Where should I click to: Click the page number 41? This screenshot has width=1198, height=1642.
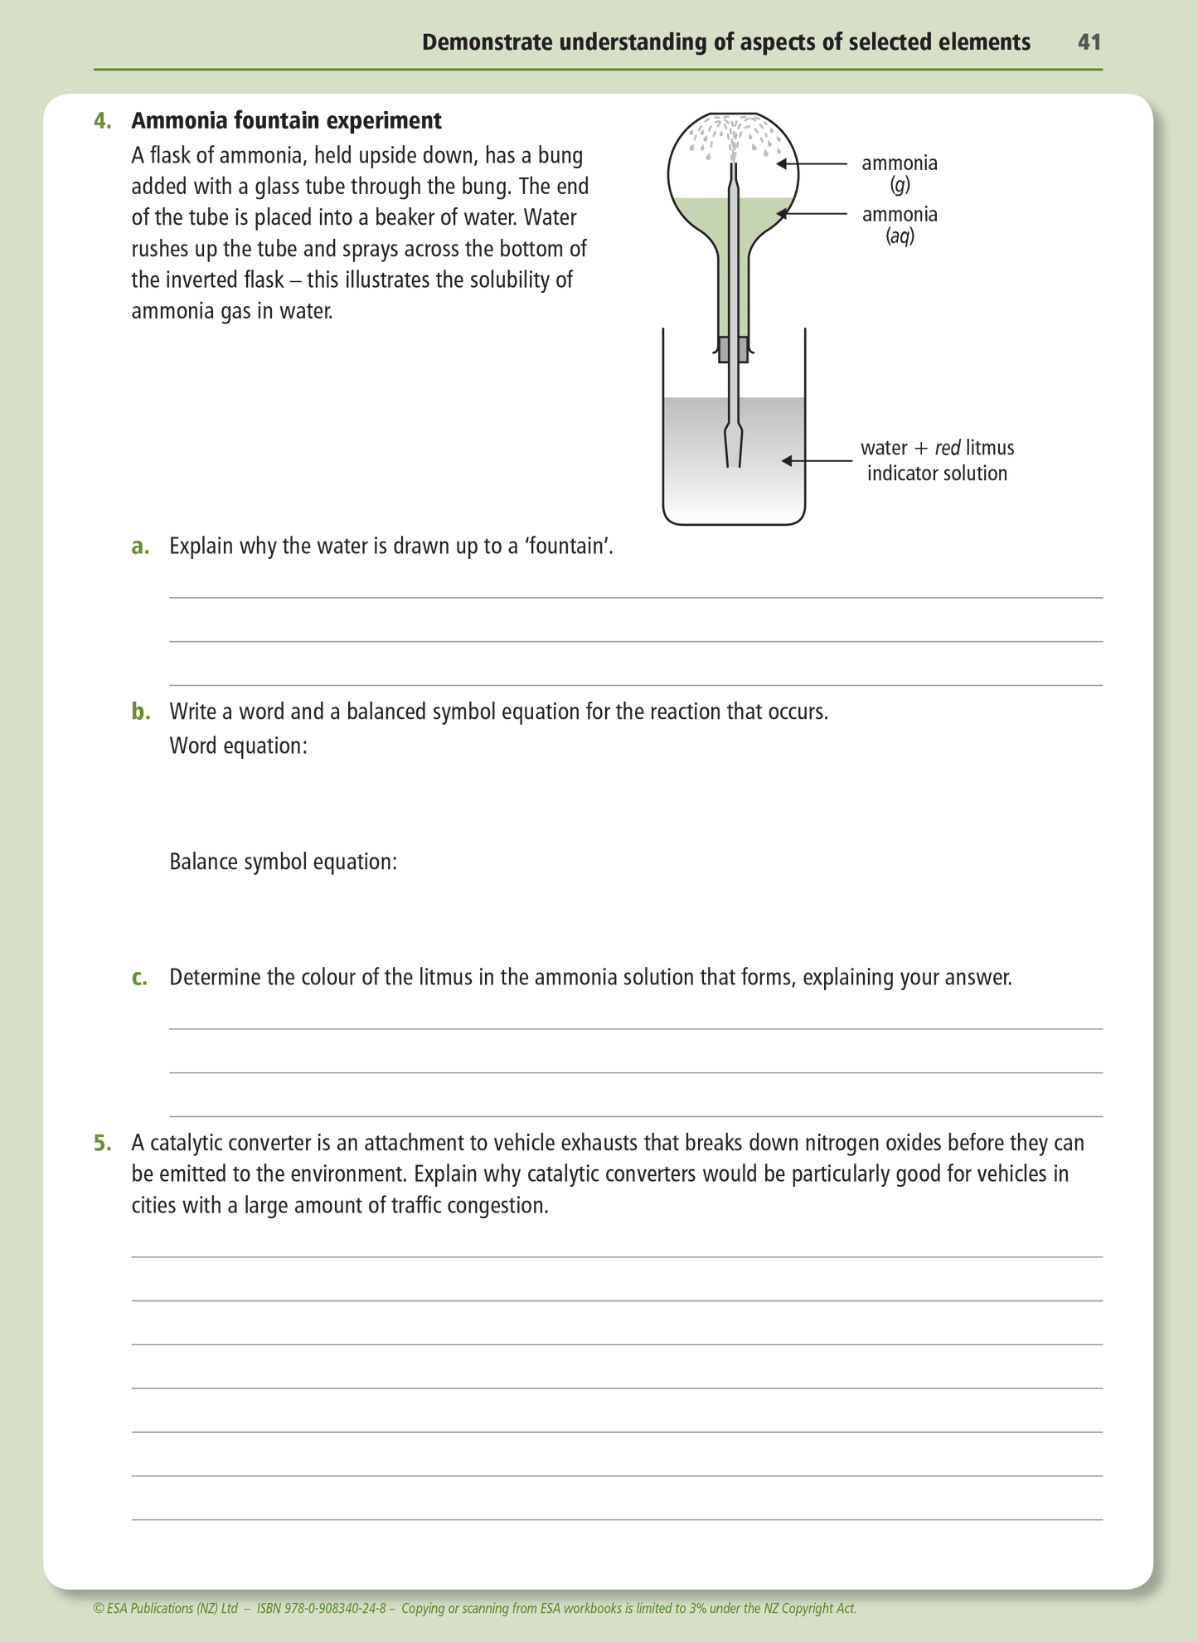(x=1089, y=42)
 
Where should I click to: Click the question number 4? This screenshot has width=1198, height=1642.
(x=102, y=121)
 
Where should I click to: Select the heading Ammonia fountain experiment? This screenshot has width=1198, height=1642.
(x=286, y=121)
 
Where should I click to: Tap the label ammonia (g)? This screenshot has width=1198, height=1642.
(x=900, y=172)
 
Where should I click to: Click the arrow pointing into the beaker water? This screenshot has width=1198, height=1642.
(x=816, y=460)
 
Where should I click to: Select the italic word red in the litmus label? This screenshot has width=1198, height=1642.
(x=948, y=449)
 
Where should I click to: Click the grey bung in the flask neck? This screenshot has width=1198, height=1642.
(x=733, y=349)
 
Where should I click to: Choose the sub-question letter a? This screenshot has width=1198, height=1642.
(x=140, y=547)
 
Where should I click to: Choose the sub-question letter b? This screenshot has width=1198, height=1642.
(x=140, y=712)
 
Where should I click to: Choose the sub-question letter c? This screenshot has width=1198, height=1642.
(x=140, y=978)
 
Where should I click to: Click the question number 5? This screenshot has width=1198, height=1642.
(x=102, y=1144)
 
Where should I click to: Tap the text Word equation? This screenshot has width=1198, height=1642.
(x=239, y=746)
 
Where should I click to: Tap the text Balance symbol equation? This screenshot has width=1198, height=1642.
(x=284, y=862)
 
